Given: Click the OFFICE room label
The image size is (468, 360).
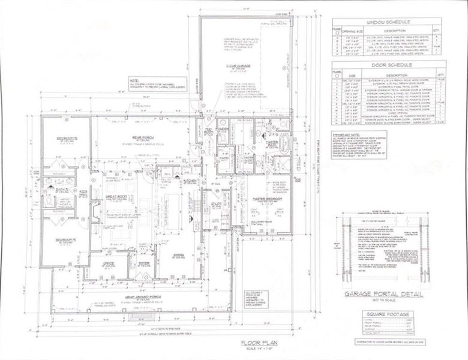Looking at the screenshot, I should pos(109,263).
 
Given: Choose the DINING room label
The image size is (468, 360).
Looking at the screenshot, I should pos(178,255).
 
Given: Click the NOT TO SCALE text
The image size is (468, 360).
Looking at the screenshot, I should pos(383,301).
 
